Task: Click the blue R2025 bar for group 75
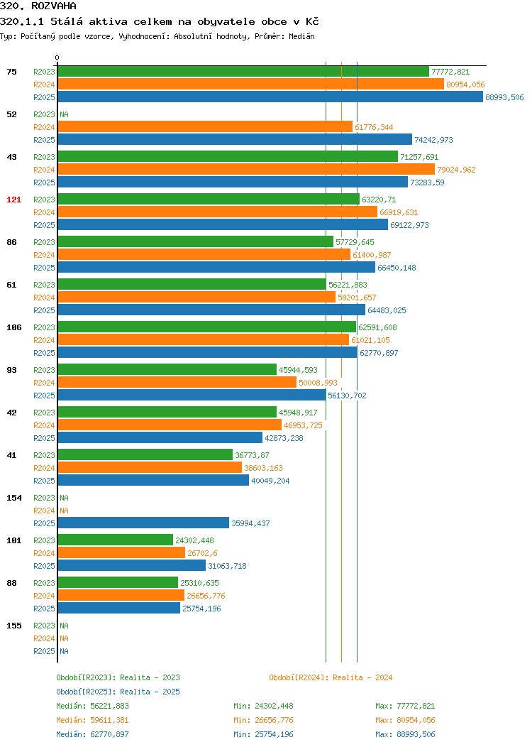(270, 97)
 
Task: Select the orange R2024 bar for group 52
(205, 126)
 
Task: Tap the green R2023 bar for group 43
(228, 157)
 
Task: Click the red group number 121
(13, 200)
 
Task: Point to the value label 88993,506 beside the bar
(504, 97)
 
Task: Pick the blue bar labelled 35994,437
(143, 523)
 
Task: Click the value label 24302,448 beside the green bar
(194, 540)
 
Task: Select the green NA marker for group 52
(65, 114)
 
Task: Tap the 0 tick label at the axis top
(57, 58)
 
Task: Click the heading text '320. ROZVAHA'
(38, 6)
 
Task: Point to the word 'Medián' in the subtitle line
(301, 36)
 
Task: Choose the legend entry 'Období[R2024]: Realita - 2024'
(331, 677)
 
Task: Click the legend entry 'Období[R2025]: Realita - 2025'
(118, 692)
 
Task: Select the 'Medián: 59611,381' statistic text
(92, 720)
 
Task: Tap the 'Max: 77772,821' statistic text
(405, 706)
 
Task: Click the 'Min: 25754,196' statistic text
(263, 735)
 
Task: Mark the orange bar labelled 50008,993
(177, 383)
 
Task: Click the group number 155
(13, 626)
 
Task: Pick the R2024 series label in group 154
(44, 511)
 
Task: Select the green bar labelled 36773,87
(145, 455)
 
